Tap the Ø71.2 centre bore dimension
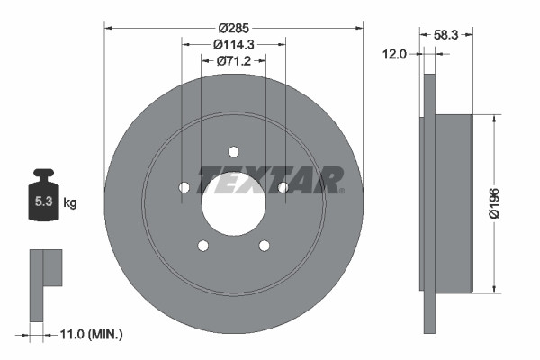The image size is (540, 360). (234, 62)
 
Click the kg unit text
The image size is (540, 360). (69, 203)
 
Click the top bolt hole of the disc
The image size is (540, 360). (234, 151)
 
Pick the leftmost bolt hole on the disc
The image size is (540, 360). (184, 187)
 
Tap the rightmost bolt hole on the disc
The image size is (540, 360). (283, 187)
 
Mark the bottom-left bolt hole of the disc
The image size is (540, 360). (203, 245)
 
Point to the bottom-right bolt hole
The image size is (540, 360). (264, 245)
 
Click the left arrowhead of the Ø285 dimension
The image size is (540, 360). (109, 27)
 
